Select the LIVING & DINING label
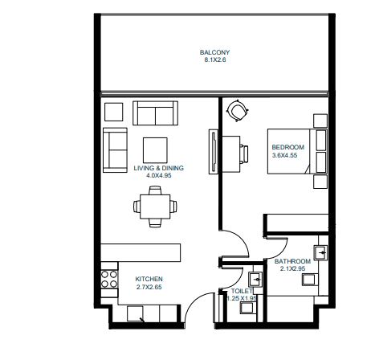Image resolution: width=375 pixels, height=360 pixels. coord(159,167)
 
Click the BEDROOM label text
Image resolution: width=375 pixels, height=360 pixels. coord(287,147)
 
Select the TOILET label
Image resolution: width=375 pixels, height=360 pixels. coord(243,291)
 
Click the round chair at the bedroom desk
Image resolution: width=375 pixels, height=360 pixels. coord(238,110)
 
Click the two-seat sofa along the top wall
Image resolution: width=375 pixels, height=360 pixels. coord(157,114)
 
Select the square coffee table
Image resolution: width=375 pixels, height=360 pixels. coord(155,149)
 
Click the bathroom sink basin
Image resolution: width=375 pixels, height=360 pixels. coord(320,252)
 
